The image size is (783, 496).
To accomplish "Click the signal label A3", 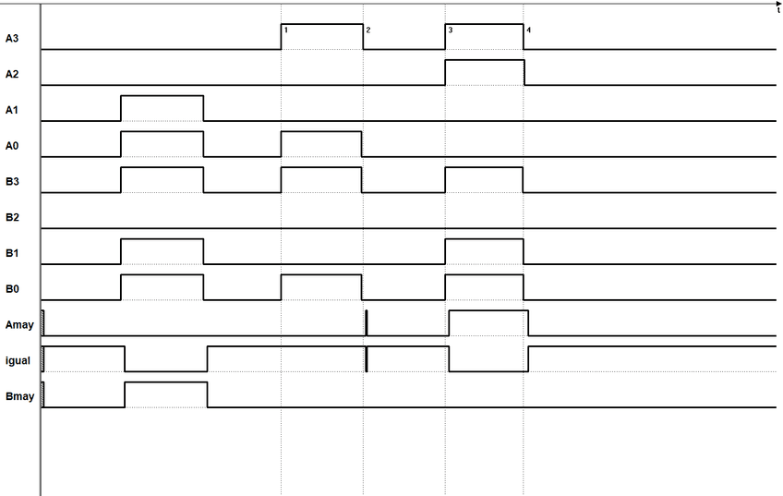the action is coord(12,39).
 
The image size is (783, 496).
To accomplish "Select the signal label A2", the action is coord(12,75).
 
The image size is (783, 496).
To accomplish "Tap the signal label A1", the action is coord(12,111).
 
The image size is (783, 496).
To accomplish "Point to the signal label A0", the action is coord(12,146).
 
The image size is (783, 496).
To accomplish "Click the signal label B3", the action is coord(12,182).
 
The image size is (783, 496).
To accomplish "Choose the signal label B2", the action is coord(12,218).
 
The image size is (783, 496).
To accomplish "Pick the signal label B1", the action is coord(12,253).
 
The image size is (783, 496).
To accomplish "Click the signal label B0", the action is coord(12,289).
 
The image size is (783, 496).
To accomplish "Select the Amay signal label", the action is coord(19,325).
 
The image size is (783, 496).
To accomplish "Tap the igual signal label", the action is coord(18,361).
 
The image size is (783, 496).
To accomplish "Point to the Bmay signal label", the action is coord(19,397).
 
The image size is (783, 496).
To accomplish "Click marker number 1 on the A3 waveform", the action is coord(286,30).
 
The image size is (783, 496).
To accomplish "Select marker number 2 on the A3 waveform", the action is coord(367,30).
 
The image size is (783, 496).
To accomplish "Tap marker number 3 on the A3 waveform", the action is coord(450,30).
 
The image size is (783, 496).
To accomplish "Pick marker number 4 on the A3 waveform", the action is coord(528,30).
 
